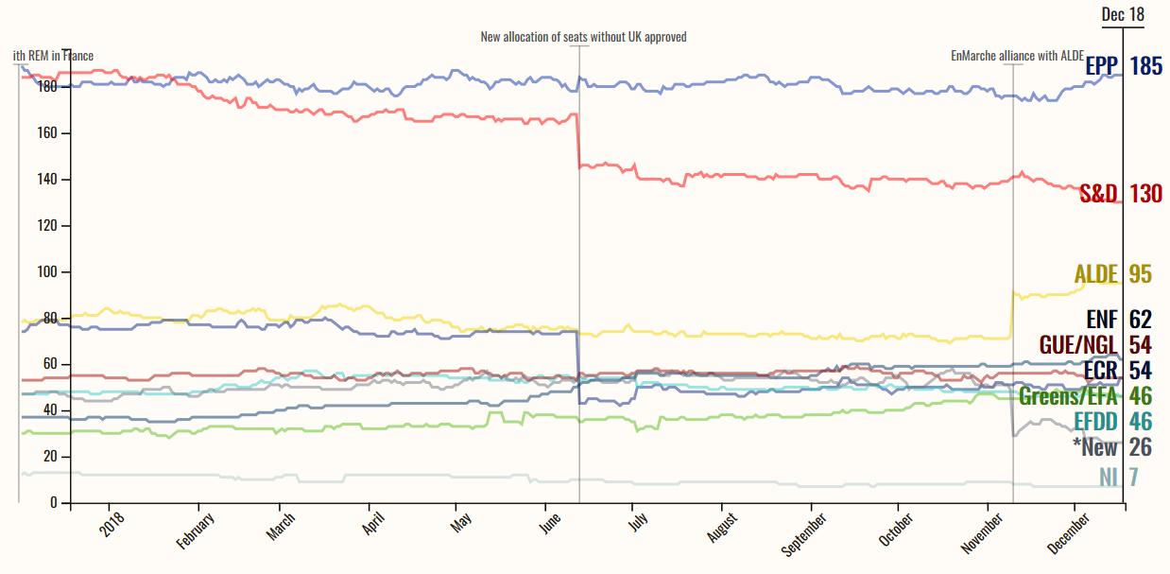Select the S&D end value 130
click(x=1145, y=194)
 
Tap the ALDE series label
click(x=1096, y=274)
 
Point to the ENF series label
click(x=1103, y=319)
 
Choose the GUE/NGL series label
click(x=1078, y=344)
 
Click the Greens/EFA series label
click(x=1072, y=395)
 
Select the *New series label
click(x=1094, y=446)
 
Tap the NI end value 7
click(x=1132, y=477)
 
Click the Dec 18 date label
click(x=1123, y=14)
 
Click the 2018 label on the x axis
click(x=113, y=524)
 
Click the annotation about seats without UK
click(x=583, y=37)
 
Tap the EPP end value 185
click(x=1145, y=66)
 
